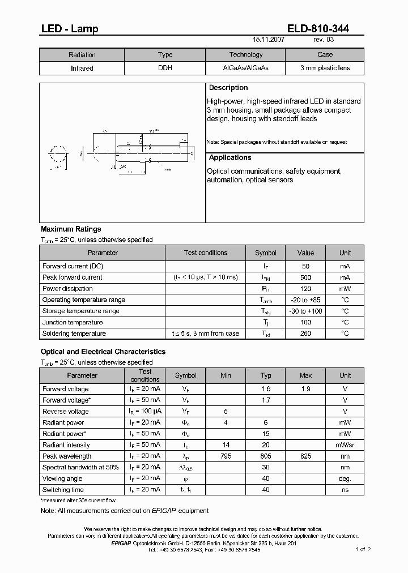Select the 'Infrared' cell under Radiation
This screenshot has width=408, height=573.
point(82,68)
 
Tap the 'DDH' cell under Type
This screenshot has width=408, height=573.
point(165,68)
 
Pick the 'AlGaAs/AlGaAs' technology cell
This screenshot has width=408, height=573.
point(245,68)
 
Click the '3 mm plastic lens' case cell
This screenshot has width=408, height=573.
point(325,68)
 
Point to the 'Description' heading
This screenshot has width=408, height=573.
point(228,88)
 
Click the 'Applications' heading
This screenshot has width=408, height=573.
point(230,157)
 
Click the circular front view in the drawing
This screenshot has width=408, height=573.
point(58,153)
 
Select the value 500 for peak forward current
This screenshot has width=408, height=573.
point(305,277)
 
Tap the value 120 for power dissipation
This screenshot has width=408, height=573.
point(305,289)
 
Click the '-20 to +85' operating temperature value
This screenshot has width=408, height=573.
point(305,300)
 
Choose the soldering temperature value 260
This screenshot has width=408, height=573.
point(305,333)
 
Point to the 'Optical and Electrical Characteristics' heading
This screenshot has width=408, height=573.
point(103,352)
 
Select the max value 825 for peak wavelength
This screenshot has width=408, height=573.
point(306,456)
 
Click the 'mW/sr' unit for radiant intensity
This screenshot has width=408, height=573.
point(345,445)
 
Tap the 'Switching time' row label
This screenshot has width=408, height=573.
point(63,490)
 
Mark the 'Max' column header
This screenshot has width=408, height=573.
point(306,375)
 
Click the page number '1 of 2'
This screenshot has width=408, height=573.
point(363,549)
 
